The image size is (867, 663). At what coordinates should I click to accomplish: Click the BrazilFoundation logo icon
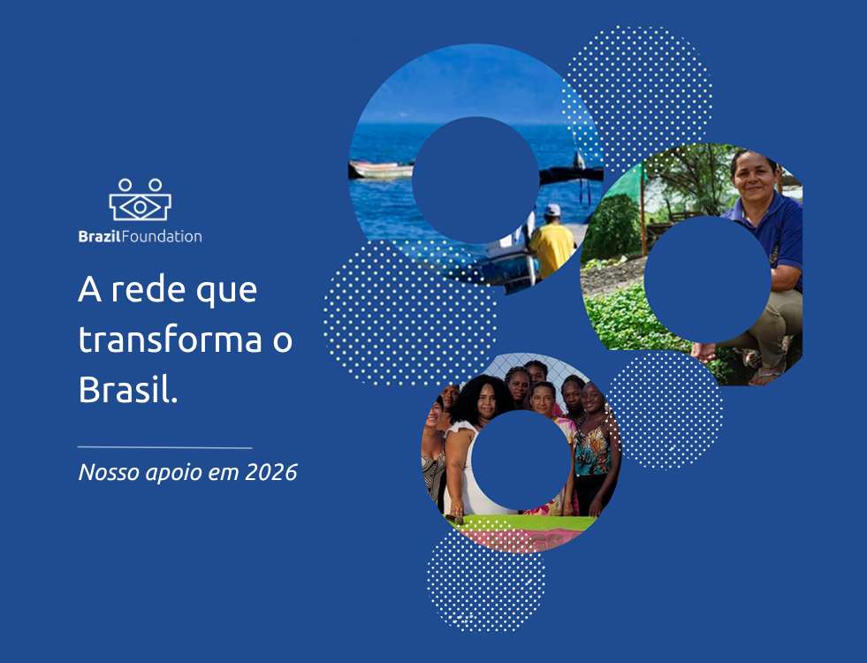[140, 200]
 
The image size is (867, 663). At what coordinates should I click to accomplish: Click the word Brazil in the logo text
[100, 236]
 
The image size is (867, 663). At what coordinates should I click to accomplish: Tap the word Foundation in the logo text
[162, 236]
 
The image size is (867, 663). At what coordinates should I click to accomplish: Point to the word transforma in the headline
[171, 339]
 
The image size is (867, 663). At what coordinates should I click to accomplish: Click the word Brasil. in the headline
[128, 389]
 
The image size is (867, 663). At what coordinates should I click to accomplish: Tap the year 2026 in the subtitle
[271, 472]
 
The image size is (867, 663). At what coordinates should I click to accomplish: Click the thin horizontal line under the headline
[164, 447]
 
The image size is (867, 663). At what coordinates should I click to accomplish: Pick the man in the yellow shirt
[551, 243]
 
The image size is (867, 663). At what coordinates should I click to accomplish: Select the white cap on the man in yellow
[551, 210]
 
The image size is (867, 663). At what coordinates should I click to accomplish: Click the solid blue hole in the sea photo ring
[475, 180]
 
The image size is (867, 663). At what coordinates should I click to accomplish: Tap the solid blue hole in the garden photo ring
[707, 279]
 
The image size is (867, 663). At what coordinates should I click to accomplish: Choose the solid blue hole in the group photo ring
[521, 460]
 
